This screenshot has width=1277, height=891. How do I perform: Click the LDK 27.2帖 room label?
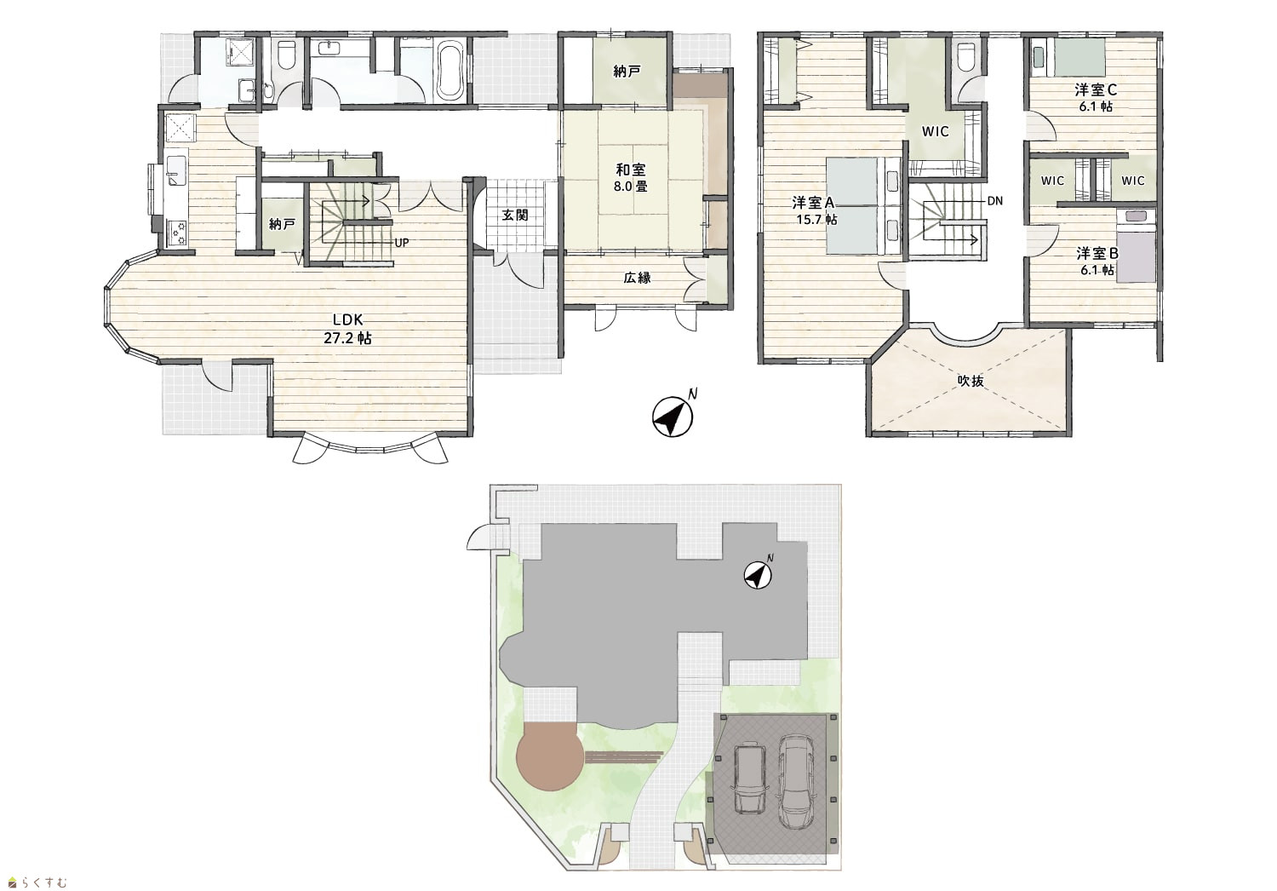coord(347,329)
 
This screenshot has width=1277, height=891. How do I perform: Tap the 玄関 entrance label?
coord(515,215)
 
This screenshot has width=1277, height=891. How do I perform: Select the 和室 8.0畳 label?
coord(631,177)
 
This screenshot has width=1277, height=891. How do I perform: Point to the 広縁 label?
coord(637,278)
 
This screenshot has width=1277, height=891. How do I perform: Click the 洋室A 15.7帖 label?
coord(814,210)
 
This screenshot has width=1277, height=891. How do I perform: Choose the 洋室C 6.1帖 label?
coord(1096,98)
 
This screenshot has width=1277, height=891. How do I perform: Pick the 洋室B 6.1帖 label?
coord(1097,262)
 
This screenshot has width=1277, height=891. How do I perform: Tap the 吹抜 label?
coord(971,381)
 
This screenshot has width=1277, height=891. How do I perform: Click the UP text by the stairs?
coord(401,243)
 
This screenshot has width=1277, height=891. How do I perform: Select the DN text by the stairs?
coord(995,201)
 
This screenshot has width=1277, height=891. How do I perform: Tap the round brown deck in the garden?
coord(550,756)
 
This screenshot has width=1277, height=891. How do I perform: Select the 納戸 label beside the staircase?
coord(282,225)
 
